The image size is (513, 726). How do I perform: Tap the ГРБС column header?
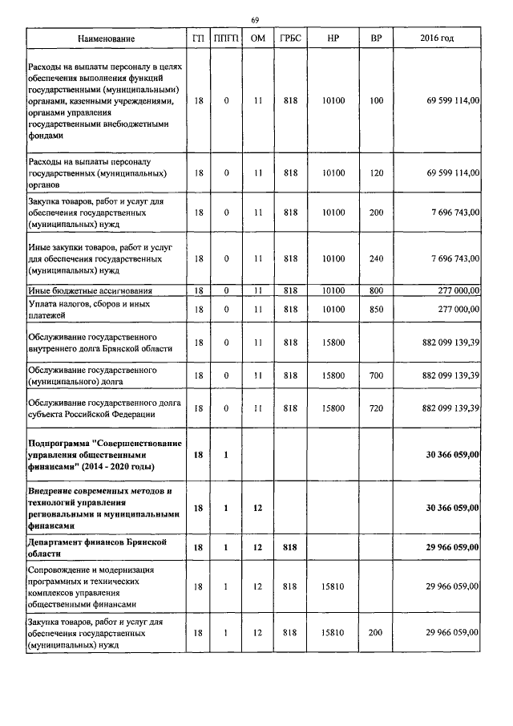pyautogui.click(x=290, y=39)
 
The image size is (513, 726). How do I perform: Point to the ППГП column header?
pyautogui.click(x=227, y=39)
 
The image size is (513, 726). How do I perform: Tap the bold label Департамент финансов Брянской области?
pyautogui.click(x=98, y=548)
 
